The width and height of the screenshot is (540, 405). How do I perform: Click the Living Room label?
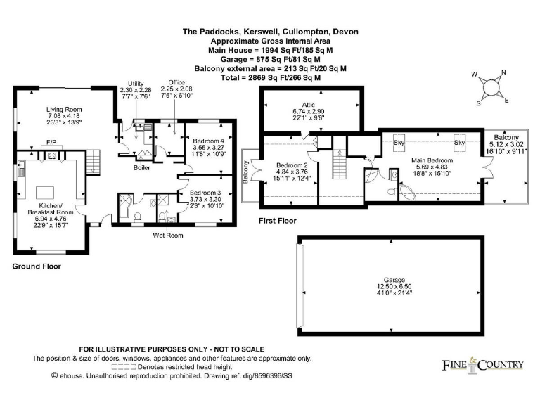point(64,110)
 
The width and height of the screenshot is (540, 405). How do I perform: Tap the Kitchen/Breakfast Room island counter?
point(45,192)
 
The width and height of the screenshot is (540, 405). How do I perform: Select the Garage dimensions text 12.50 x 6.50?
point(394,287)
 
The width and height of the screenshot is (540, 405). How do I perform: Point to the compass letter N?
point(503,72)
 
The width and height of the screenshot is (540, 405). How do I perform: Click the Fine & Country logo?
point(482,365)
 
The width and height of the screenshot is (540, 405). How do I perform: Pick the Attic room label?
point(308,105)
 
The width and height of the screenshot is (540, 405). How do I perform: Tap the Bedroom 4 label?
point(208,141)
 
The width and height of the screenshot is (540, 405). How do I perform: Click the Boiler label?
point(142,168)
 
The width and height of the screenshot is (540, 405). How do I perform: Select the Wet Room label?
point(168,236)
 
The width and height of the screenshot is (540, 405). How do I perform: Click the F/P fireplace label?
point(51,142)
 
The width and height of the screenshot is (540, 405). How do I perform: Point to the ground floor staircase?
point(93,162)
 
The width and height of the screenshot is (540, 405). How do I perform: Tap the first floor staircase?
point(340,165)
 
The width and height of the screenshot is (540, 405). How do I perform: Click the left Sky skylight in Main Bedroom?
point(399,141)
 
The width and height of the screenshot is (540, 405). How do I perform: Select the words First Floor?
point(278,221)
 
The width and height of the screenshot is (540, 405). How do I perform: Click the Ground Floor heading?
point(37,266)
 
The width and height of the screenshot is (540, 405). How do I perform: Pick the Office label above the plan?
point(176,82)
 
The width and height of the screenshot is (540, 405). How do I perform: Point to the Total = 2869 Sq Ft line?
point(270,78)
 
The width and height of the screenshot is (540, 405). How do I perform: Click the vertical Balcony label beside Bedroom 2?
point(246,172)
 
